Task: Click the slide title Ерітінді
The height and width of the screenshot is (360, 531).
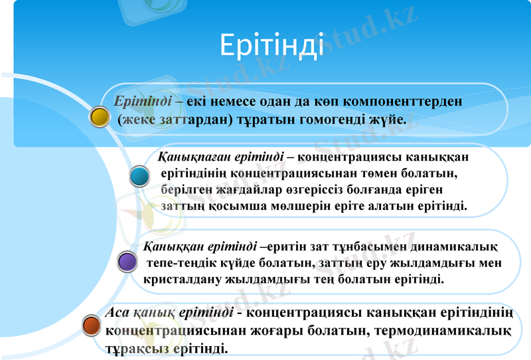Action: click(271, 45)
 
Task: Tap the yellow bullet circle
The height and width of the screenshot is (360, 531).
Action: click(100, 116)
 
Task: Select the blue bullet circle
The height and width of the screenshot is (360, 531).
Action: click(139, 177)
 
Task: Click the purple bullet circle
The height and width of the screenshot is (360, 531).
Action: click(127, 261)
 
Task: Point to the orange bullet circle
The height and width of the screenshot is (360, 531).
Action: click(91, 325)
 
